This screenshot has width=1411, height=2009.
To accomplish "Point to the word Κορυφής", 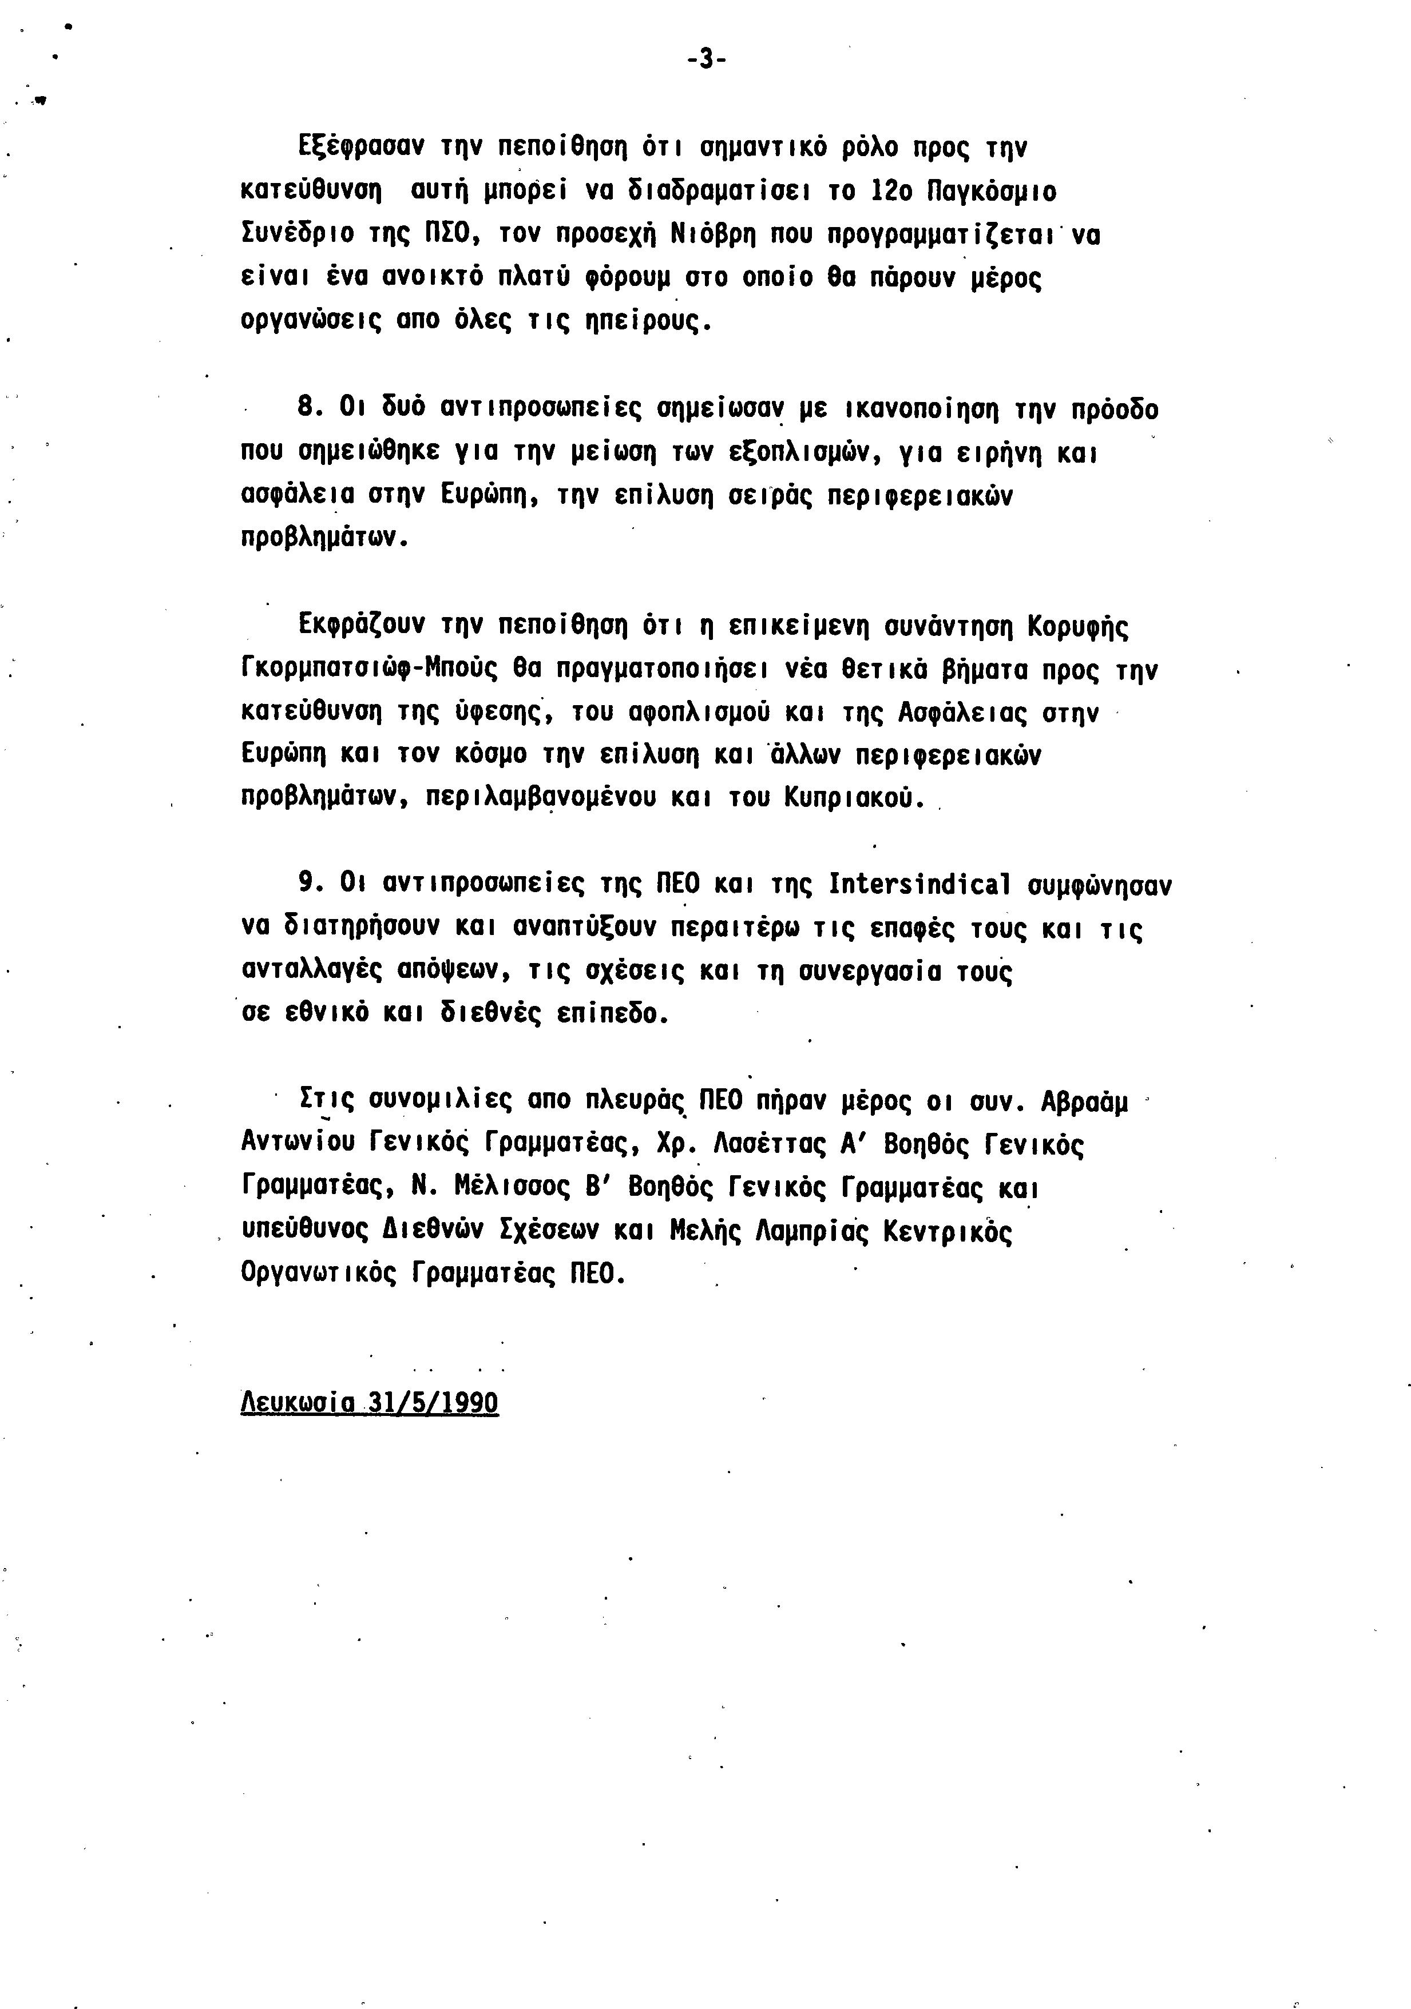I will click(x=1079, y=627).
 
